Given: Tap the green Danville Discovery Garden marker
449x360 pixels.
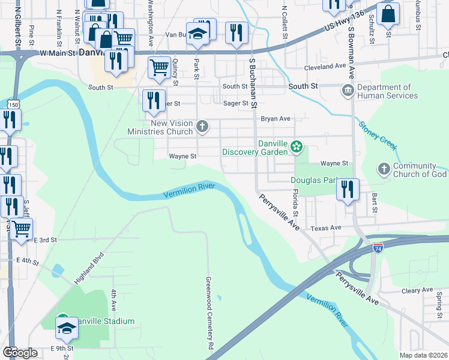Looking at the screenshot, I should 296,146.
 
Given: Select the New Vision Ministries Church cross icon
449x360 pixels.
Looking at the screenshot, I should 203,126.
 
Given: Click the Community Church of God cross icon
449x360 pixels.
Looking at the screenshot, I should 384,169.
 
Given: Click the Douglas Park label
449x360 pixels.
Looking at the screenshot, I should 313,180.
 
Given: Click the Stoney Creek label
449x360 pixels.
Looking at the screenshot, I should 378,136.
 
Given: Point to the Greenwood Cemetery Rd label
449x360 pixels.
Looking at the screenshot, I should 209,313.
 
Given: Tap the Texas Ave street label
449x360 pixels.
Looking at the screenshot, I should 326,228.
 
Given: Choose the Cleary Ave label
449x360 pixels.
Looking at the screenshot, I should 417,290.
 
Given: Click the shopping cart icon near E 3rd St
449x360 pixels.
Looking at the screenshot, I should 22,228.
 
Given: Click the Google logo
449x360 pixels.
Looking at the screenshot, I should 20,353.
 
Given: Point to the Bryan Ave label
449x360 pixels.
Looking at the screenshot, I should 276,119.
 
